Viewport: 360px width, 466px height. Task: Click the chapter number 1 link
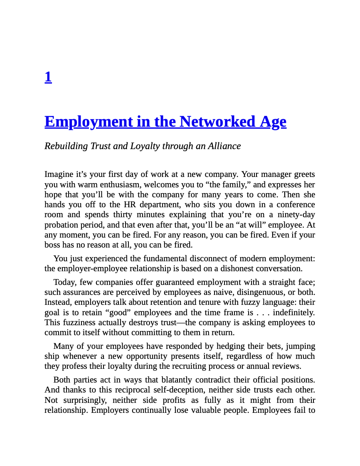(x=48, y=77)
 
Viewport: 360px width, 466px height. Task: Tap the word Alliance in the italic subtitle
(x=224, y=146)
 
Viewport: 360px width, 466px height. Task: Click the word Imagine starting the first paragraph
(x=58, y=174)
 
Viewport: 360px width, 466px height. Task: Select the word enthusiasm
(x=119, y=184)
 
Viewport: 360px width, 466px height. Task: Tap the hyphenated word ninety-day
(x=296, y=215)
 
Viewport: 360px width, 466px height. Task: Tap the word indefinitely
(x=293, y=312)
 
